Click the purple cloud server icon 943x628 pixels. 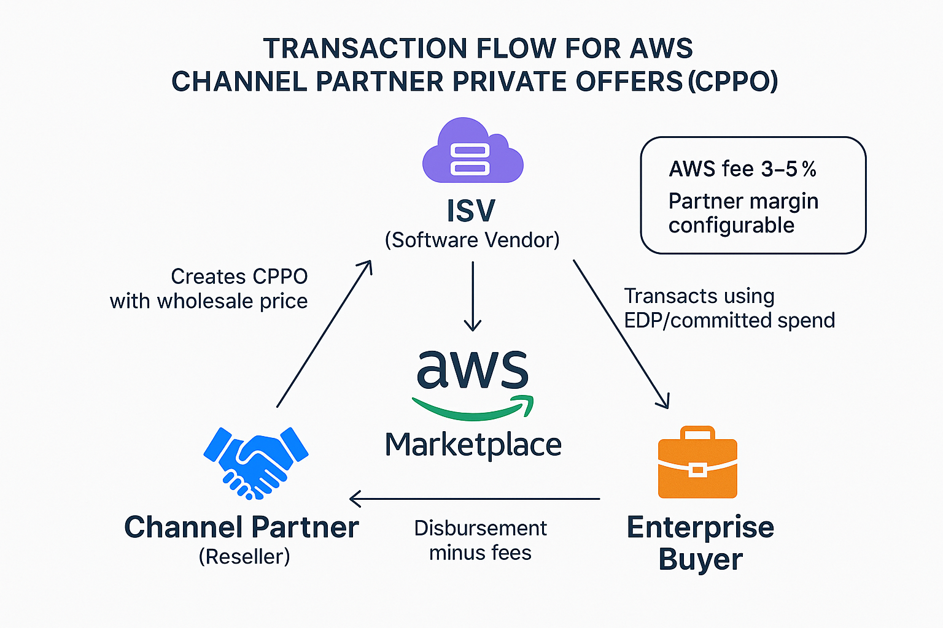click(472, 151)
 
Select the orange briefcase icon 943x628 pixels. click(697, 463)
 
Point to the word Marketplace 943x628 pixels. click(473, 445)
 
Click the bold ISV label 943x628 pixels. click(471, 211)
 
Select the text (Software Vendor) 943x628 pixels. click(472, 240)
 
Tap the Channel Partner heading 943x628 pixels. click(241, 527)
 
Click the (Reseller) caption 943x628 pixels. click(244, 556)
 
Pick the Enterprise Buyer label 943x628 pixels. click(700, 543)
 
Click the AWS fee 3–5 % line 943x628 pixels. click(742, 169)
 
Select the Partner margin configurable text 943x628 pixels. click(743, 213)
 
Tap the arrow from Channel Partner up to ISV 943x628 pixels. click(324, 334)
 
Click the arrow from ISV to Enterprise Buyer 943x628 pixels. click(621, 334)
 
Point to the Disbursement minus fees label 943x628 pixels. click(480, 540)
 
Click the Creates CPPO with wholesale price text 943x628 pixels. click(209, 289)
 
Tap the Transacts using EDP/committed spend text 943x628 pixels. click(729, 308)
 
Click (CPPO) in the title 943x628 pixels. click(732, 82)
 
